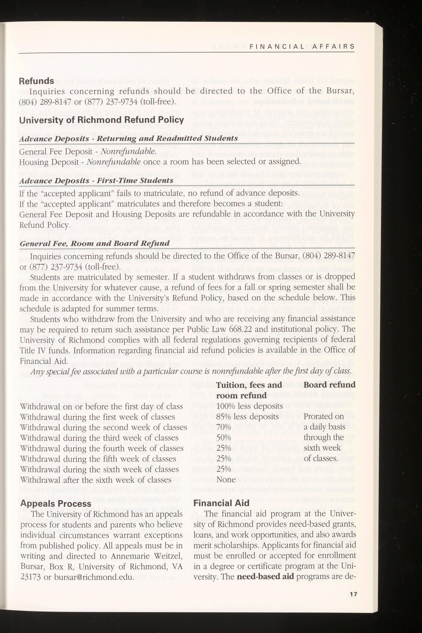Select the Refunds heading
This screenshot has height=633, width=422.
(x=36, y=81)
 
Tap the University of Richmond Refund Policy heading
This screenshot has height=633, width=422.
(x=101, y=120)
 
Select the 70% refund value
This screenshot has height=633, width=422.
(x=224, y=427)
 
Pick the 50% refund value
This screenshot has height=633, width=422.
(x=224, y=438)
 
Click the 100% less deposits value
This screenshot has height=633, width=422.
(x=249, y=406)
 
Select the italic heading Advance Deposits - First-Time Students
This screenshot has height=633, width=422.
(x=96, y=180)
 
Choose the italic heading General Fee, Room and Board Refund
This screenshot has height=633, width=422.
(x=95, y=243)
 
